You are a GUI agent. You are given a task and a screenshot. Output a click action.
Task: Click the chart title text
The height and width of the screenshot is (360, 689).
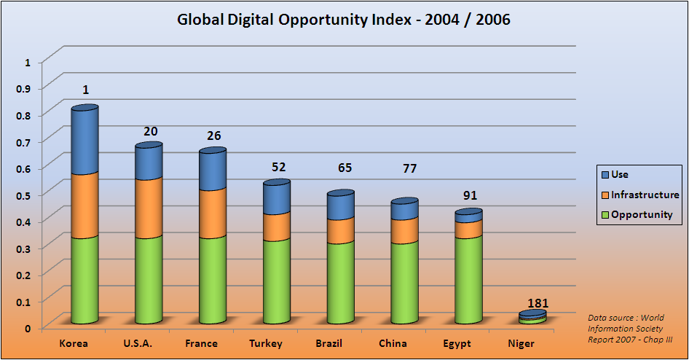(344, 20)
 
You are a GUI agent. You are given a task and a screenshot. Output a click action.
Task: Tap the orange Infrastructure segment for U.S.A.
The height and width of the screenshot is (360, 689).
(149, 208)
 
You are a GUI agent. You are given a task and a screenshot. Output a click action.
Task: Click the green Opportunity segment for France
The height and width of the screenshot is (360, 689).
(213, 280)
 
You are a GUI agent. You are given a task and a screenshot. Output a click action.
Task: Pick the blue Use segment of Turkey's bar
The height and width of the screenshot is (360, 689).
(277, 197)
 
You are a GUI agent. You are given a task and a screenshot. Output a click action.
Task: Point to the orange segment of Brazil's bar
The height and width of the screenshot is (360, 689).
(341, 230)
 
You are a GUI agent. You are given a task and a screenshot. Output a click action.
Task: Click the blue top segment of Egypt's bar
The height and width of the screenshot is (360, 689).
(468, 216)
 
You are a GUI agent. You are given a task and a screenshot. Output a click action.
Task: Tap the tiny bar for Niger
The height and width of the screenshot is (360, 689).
(532, 318)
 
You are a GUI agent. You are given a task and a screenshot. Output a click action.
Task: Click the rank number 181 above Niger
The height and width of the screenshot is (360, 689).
(538, 303)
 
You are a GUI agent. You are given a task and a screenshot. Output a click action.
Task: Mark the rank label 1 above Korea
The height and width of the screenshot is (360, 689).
(86, 90)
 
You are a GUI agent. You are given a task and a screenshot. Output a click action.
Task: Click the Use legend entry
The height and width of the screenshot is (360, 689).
(619, 174)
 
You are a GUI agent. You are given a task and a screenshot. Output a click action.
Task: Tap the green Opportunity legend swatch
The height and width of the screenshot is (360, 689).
(604, 214)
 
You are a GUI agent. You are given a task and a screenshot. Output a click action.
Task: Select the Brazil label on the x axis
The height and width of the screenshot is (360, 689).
(329, 343)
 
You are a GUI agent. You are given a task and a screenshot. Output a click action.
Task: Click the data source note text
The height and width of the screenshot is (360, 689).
(629, 329)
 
